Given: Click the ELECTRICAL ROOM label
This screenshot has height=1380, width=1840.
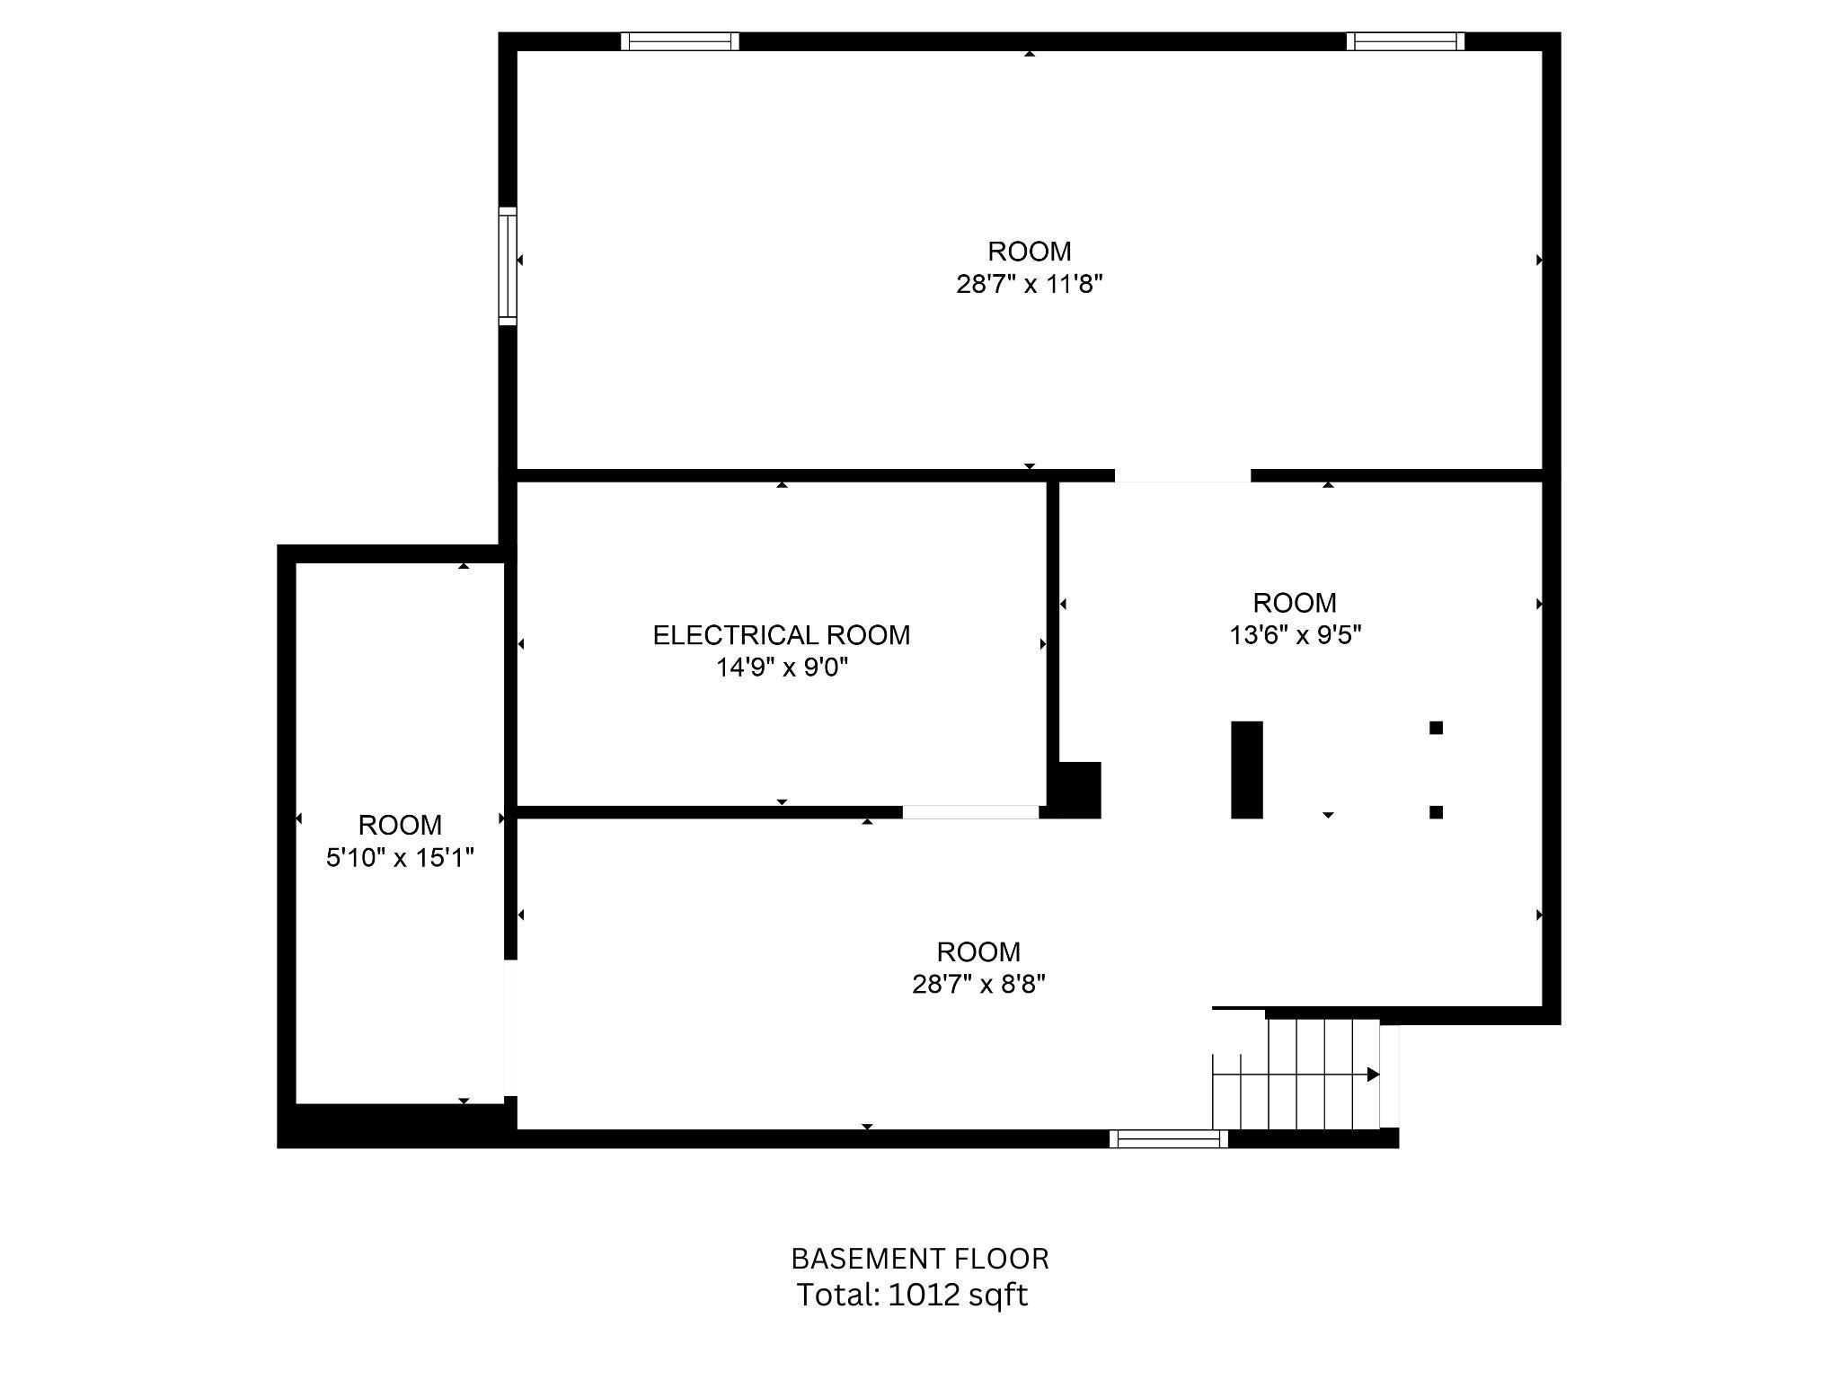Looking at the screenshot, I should click(x=781, y=635).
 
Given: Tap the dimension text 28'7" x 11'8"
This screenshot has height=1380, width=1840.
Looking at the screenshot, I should click(x=1029, y=285).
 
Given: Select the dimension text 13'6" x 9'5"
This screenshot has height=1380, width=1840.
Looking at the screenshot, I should click(x=1295, y=635).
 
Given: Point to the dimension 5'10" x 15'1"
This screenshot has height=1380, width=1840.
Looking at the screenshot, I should click(x=400, y=858).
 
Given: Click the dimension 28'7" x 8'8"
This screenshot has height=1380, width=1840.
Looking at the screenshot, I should click(x=978, y=985).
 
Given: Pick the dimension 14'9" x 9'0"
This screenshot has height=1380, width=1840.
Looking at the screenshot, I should click(x=782, y=668).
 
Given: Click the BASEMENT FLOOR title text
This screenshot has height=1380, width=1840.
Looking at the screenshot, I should click(x=919, y=1259).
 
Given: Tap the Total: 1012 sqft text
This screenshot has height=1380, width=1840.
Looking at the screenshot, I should click(x=912, y=1295).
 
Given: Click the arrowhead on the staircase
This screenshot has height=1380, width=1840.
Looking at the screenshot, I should click(x=1372, y=1075).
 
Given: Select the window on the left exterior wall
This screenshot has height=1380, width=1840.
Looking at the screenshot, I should click(x=508, y=265).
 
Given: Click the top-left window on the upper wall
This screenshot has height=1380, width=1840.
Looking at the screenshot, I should click(x=679, y=41).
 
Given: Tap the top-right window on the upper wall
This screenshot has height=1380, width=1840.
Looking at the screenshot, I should click(x=1405, y=41).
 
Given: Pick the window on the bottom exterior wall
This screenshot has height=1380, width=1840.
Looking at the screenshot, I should click(x=1168, y=1139).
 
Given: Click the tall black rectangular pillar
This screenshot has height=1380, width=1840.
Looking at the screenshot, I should click(x=1246, y=770).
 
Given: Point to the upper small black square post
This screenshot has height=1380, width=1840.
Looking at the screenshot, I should click(x=1436, y=728).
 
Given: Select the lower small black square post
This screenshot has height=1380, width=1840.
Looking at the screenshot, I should click(x=1436, y=812).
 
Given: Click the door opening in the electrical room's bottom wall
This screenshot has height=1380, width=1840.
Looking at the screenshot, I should click(x=970, y=812).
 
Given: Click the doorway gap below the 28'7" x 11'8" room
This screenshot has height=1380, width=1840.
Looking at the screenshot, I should click(x=1182, y=475).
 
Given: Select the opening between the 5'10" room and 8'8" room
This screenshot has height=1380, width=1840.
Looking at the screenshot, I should click(x=509, y=1028).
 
